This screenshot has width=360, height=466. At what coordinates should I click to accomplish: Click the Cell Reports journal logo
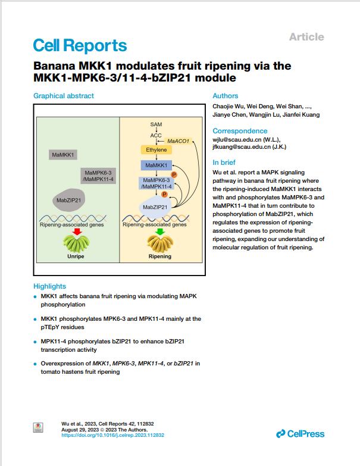click(x=80, y=46)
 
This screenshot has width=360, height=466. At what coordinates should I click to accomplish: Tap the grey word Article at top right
click(x=306, y=37)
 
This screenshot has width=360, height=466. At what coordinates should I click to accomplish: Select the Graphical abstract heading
click(x=64, y=96)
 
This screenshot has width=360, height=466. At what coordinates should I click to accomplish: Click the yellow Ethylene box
click(x=156, y=150)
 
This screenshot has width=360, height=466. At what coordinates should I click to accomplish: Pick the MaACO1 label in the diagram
click(x=179, y=141)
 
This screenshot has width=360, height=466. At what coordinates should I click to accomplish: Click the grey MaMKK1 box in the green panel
click(x=63, y=155)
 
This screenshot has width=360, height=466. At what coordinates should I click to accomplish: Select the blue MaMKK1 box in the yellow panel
click(x=156, y=165)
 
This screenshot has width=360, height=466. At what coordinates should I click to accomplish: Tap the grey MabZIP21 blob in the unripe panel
click(x=68, y=200)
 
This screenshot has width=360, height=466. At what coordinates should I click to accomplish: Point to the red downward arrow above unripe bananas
click(x=77, y=232)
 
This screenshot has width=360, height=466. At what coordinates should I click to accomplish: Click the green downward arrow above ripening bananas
click(x=160, y=232)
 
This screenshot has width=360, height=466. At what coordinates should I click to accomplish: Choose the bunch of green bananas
click(x=76, y=243)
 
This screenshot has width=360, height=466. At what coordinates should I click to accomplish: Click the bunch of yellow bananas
click(x=160, y=243)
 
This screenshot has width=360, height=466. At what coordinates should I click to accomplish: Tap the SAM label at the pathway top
click(x=156, y=124)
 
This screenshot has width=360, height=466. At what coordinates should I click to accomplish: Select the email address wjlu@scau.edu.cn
click(x=237, y=140)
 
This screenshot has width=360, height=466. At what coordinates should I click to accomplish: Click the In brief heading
click(x=224, y=162)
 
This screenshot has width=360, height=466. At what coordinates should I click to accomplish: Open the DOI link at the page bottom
click(x=113, y=435)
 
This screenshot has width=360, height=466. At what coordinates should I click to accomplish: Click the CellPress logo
click(x=300, y=434)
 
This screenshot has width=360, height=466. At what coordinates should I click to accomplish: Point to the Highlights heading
click(x=49, y=286)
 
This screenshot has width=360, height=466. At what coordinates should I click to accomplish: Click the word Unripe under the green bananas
click(x=76, y=256)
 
